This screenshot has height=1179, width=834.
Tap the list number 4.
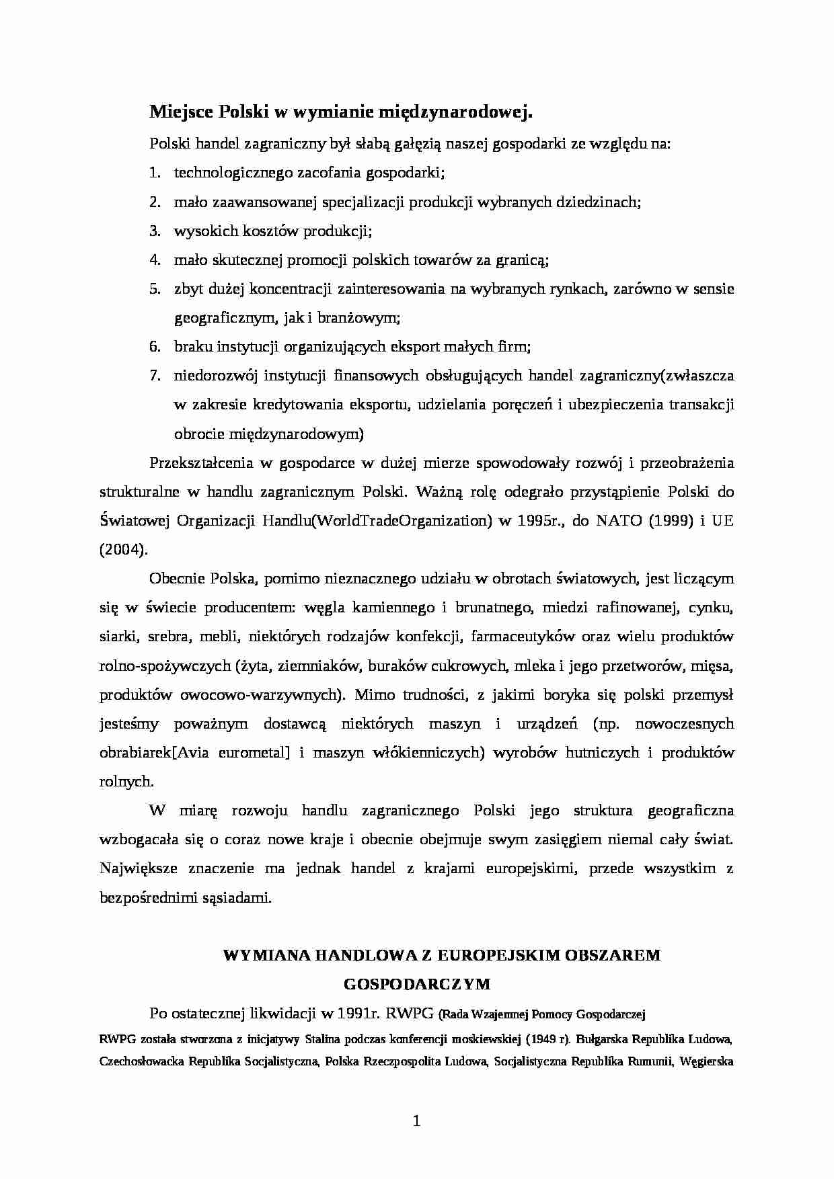point(154,259)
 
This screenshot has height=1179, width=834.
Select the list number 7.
point(154,375)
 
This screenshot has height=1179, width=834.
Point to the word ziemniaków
point(322,665)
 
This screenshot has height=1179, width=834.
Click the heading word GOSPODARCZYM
point(416,984)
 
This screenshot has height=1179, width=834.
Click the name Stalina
point(326,1039)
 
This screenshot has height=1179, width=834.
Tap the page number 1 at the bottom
point(416,1121)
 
